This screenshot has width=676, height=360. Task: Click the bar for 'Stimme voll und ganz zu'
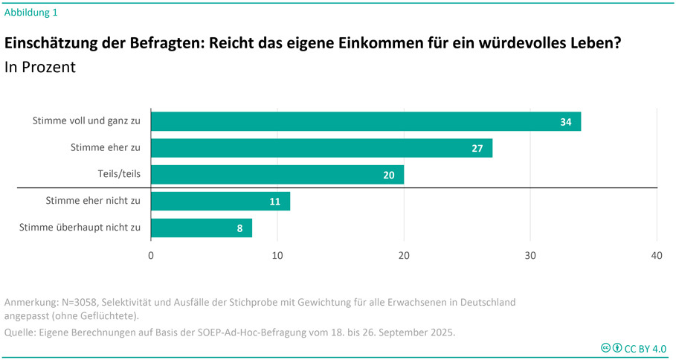coord(364,121)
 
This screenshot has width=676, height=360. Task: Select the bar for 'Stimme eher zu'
coord(321,148)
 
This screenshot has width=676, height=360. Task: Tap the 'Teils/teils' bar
coord(277,175)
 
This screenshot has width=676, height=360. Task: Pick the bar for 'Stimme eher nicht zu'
coord(220,202)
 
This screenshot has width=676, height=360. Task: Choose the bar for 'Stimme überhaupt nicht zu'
coord(201,228)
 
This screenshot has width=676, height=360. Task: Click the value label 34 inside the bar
coord(566,122)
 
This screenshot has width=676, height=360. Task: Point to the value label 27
coord(477,149)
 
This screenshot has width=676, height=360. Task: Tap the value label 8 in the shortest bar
coord(240,229)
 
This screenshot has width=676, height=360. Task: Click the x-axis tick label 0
coord(151,256)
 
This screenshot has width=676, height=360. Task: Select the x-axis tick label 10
coord(277,256)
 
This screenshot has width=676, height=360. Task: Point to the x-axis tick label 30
coord(530,256)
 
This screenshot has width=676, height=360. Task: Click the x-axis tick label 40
coord(657,256)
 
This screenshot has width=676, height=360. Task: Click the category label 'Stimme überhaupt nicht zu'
coord(80,228)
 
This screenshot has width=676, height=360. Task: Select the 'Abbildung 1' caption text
coord(30,12)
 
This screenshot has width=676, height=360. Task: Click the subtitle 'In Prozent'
coord(40,67)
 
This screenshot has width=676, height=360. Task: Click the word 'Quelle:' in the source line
coord(22,332)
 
